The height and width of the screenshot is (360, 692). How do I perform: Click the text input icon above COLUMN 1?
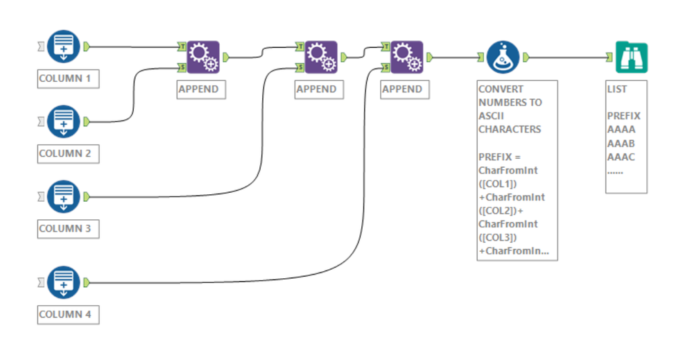64,46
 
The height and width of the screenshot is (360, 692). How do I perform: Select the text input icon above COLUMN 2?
64,121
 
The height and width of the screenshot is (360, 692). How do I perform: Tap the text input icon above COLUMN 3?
64,197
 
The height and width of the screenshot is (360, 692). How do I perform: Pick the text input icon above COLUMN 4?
64,282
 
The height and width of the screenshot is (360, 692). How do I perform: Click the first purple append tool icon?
202,57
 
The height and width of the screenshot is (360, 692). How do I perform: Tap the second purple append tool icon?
320,57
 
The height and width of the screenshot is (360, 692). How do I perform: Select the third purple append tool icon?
406,57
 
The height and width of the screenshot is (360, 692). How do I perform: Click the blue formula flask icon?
503,57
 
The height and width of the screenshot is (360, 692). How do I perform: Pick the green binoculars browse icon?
631,57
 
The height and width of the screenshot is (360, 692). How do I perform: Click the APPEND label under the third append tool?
402,89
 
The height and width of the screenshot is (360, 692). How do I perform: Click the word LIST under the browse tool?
617,89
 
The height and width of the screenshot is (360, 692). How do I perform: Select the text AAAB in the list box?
621,143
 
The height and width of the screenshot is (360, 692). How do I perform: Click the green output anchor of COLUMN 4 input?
87,282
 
